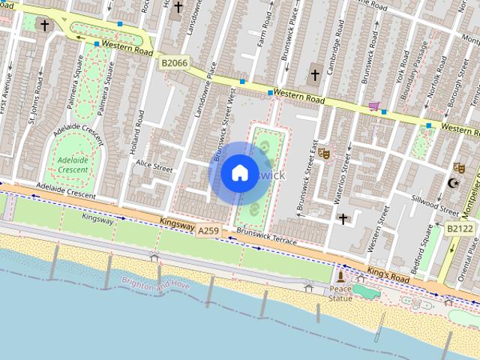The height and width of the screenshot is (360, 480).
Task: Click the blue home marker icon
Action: click(238, 173)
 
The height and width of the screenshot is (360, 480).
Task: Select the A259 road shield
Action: click(209, 232)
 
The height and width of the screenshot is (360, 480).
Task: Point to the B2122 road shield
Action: click(459, 228)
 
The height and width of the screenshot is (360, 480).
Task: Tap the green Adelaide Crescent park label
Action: click(73, 165)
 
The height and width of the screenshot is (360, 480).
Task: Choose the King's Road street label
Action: click(388, 274)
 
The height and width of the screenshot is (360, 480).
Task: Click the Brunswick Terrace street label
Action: click(266, 238)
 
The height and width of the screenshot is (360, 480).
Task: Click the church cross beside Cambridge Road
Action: click(315, 74)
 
